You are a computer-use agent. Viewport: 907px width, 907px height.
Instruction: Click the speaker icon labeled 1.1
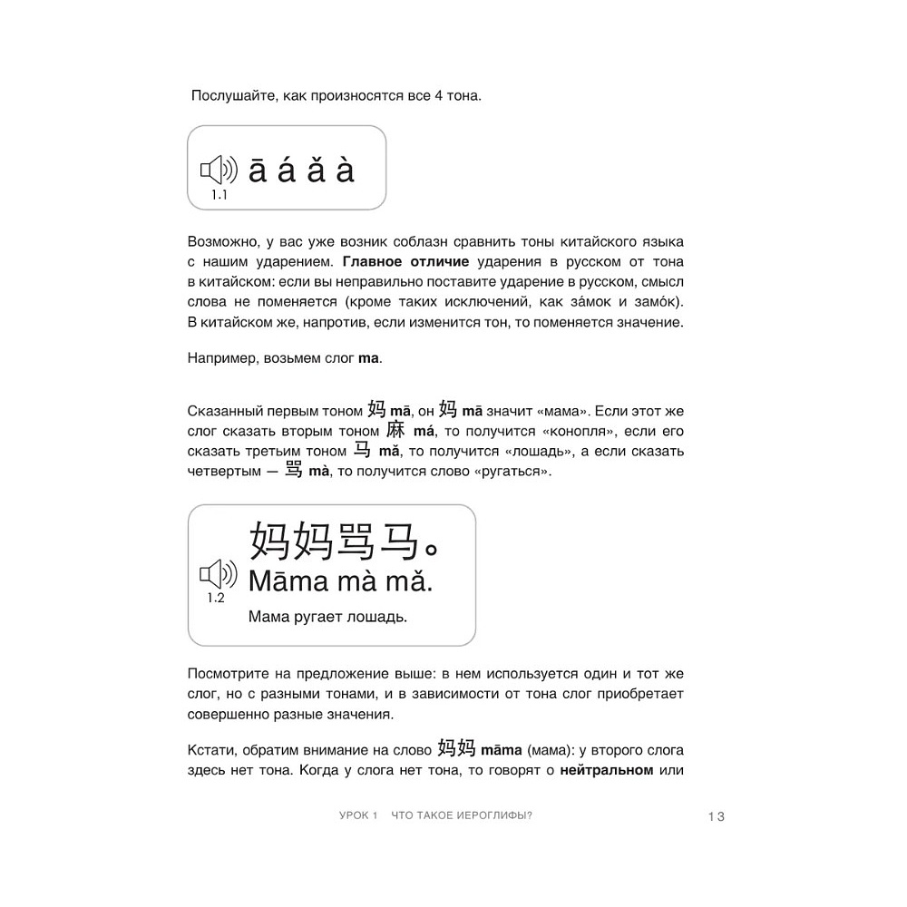(x=218, y=170)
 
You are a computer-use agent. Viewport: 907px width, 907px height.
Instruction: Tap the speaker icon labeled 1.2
(x=218, y=573)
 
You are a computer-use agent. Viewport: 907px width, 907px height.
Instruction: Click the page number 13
(x=717, y=816)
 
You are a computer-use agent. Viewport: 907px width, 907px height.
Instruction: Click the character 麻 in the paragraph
(x=395, y=430)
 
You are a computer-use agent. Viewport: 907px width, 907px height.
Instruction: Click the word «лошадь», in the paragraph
(x=511, y=451)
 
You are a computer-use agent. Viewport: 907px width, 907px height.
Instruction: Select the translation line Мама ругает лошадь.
(x=327, y=618)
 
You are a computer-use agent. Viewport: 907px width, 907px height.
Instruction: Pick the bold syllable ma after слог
(x=369, y=358)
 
